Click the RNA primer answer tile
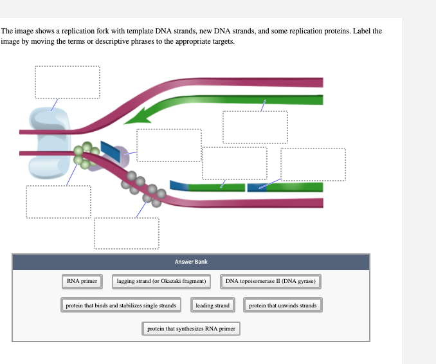pyautogui.click(x=82, y=281)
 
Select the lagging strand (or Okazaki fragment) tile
pyautogui.click(x=161, y=281)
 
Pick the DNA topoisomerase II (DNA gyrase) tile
pyautogui.click(x=271, y=281)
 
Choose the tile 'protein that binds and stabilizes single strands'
pyautogui.click(x=121, y=305)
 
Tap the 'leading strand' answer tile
pyautogui.click(x=212, y=305)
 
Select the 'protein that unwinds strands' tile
pyautogui.click(x=283, y=305)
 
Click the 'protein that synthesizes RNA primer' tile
pyautogui.click(x=191, y=329)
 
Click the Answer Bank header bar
pyautogui.click(x=191, y=262)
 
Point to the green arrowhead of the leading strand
pyautogui.click(x=136, y=116)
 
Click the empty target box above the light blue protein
pyautogui.click(x=68, y=82)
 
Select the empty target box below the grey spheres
pyautogui.click(x=126, y=233)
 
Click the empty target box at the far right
pyautogui.click(x=313, y=165)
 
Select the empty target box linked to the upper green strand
pyautogui.click(x=255, y=127)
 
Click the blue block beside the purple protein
pyautogui.click(x=111, y=152)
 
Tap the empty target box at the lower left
pyautogui.click(x=59, y=202)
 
